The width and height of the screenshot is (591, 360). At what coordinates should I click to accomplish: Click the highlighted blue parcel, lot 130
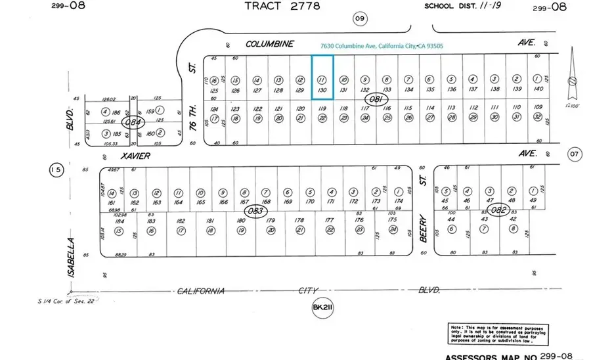(322, 78)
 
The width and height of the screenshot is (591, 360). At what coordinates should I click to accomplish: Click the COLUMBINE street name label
(269, 44)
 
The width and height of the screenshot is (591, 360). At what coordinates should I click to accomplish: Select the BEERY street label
(424, 228)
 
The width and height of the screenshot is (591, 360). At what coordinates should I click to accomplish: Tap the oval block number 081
(376, 99)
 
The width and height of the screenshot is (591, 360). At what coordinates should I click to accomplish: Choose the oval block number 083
(257, 210)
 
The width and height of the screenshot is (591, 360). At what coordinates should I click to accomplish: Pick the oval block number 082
(500, 210)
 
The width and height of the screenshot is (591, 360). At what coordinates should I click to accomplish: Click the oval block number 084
(133, 122)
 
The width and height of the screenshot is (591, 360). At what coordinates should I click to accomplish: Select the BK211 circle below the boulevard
(320, 307)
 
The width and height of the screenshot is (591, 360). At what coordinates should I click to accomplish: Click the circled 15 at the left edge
(56, 171)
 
